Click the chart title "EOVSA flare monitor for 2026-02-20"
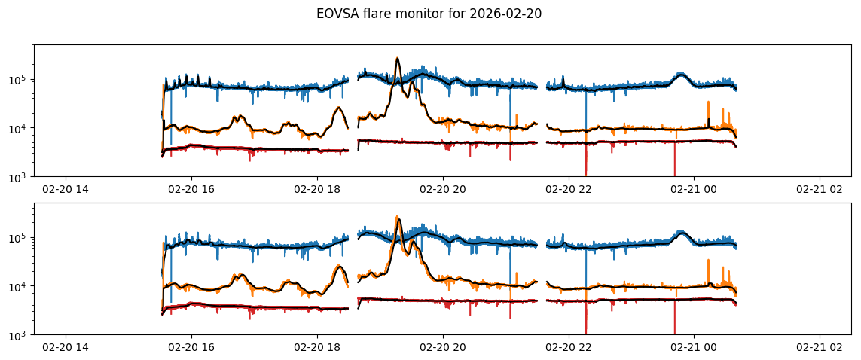coord(430,13)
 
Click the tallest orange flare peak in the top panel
coord(398,59)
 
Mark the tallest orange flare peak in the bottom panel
coord(398,217)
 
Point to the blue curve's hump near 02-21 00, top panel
coord(681,74)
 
